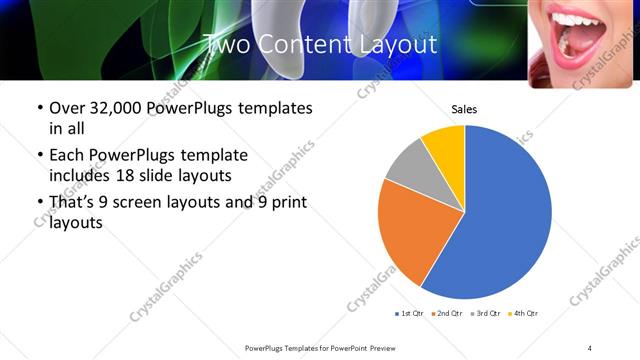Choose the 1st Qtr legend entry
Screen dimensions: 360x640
tap(410, 314)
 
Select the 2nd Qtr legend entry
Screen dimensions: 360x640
tap(447, 314)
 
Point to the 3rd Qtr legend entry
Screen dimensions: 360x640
tap(485, 314)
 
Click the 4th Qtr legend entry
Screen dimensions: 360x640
tap(523, 314)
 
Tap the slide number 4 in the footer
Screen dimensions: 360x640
tap(590, 347)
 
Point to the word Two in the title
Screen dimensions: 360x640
tap(226, 45)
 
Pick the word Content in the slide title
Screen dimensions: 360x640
tap(305, 45)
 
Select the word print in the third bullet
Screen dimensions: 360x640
tap(285, 204)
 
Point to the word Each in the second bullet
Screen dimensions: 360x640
tap(68, 156)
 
